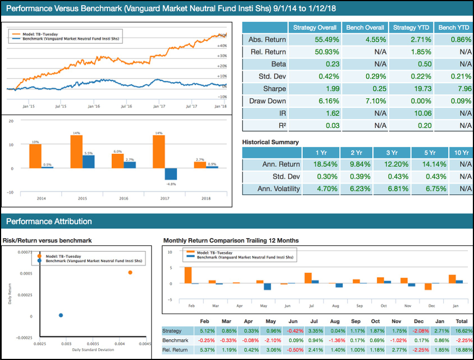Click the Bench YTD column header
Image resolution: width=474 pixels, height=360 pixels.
pos(454,28)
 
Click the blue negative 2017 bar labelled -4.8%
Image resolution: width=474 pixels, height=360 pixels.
pos(171,174)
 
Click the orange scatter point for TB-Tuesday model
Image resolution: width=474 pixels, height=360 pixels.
pos(130,272)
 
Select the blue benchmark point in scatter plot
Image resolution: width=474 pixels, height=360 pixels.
pos(61,315)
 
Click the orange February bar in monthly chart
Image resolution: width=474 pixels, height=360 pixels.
pos(188,275)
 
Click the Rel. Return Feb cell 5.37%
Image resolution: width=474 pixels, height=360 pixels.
pos(203,350)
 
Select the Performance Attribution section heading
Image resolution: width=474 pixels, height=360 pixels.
pos(47,221)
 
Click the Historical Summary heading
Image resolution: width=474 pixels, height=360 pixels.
pos(270,142)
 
